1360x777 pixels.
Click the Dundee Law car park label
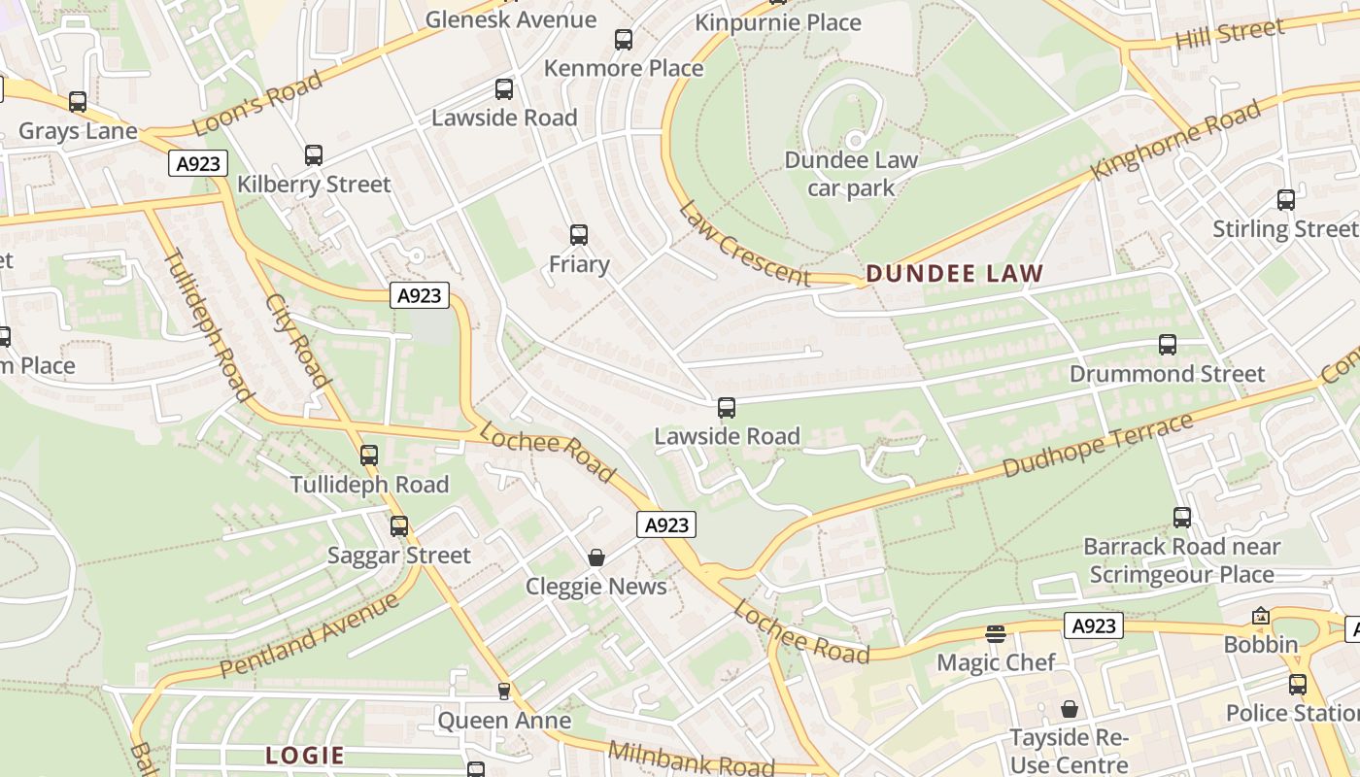[851, 174]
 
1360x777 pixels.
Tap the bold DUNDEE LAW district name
[954, 274]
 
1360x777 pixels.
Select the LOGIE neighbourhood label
[305, 756]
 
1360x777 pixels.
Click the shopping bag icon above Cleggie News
[596, 557]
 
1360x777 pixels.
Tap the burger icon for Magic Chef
[995, 634]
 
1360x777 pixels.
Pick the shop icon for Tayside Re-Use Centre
[1069, 709]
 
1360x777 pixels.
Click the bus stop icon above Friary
[579, 235]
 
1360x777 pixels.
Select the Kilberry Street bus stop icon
[313, 155]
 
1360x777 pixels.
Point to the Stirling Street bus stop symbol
[1286, 200]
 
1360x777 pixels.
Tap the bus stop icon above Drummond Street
[1168, 345]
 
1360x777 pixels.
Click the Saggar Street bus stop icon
[399, 526]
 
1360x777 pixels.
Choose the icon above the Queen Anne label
[503, 692]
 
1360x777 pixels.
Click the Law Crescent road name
[744, 244]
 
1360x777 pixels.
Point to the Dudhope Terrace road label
[1097, 446]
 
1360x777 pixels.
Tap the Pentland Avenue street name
[309, 635]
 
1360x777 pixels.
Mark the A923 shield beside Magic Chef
[1094, 626]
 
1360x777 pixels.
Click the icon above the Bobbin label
[1261, 616]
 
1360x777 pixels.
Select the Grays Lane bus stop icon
[78, 102]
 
